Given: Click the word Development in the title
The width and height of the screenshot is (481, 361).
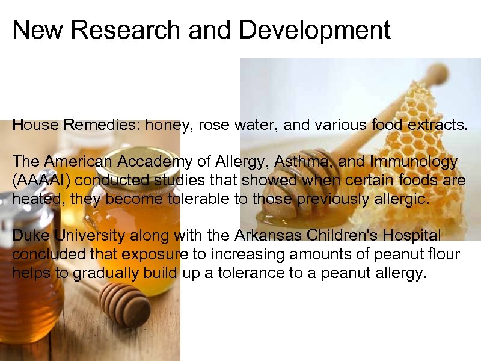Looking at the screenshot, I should (314, 29).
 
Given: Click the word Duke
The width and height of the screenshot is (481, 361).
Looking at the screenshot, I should (29, 235).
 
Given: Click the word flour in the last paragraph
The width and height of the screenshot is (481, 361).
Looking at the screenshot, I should (444, 255).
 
